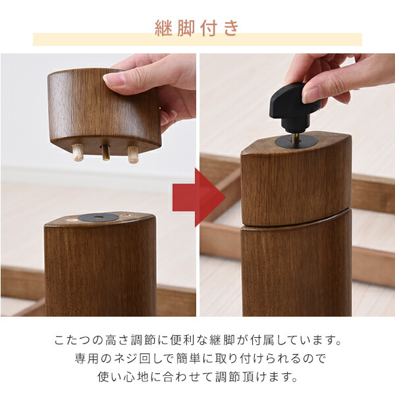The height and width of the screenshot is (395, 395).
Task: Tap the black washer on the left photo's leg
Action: tap(99, 217)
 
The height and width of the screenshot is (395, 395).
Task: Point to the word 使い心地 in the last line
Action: tap(121, 378)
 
